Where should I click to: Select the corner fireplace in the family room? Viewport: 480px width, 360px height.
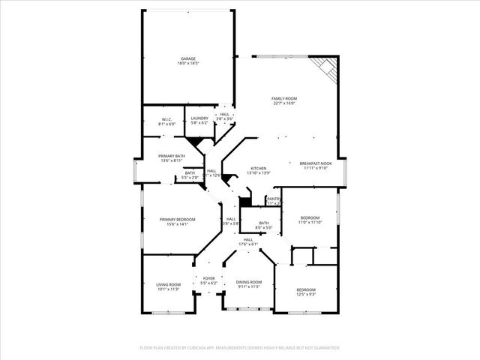[328, 68]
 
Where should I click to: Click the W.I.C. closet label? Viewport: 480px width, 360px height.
[167, 118]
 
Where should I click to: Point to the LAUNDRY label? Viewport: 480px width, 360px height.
[199, 118]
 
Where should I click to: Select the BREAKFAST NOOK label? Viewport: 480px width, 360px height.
[315, 163]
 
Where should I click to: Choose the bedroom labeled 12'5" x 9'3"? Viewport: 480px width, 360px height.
[305, 289]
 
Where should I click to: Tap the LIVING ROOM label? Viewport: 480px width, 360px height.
[168, 284]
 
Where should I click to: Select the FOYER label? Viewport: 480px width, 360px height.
[208, 279]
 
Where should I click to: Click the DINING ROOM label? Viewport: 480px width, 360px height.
[249, 282]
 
